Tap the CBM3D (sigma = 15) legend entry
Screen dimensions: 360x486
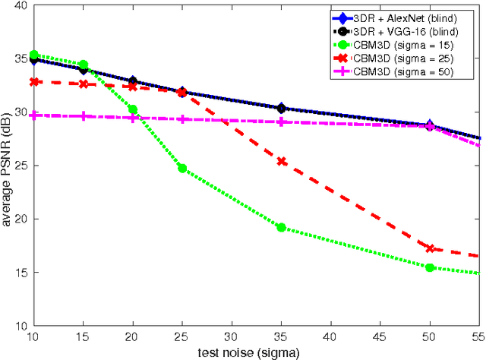403,45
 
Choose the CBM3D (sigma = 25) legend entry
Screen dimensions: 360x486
403,58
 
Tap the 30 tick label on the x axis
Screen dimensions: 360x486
232,336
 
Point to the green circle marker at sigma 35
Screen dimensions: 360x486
281,227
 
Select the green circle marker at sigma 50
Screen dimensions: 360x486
430,267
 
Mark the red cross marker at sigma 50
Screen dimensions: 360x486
430,248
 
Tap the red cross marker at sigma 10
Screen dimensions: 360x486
33,81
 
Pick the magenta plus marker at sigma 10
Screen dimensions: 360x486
33,115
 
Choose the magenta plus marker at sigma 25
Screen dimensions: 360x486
182,119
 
